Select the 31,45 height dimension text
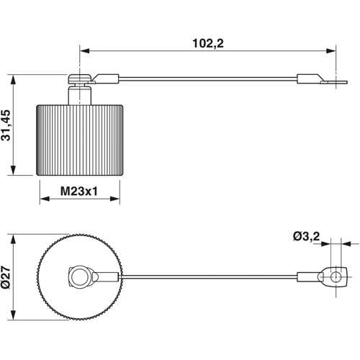point(7,125)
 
